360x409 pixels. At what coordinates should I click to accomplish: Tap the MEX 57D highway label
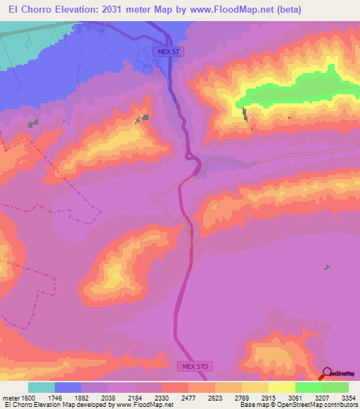[x=191, y=368]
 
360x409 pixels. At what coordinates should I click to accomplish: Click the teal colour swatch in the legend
[x=41, y=387]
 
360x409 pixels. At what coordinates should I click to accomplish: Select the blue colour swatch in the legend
[x=68, y=387]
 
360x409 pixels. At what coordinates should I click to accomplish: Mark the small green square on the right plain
[x=326, y=266]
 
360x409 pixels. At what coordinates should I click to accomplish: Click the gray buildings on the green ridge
[x=245, y=114]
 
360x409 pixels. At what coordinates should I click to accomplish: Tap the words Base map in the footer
[x=253, y=405]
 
